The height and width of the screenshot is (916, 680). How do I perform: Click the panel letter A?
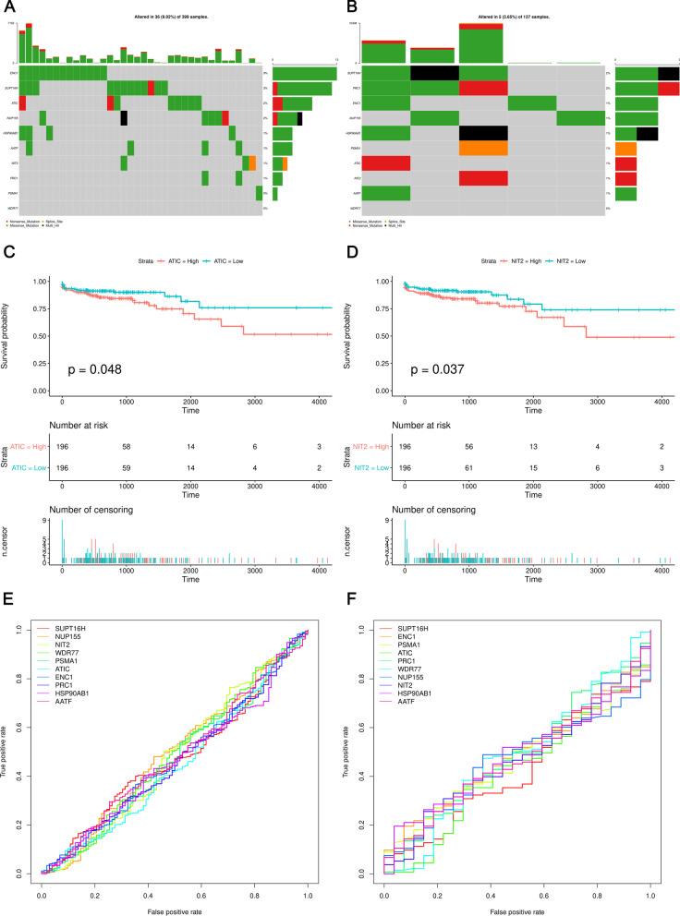click(9, 8)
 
